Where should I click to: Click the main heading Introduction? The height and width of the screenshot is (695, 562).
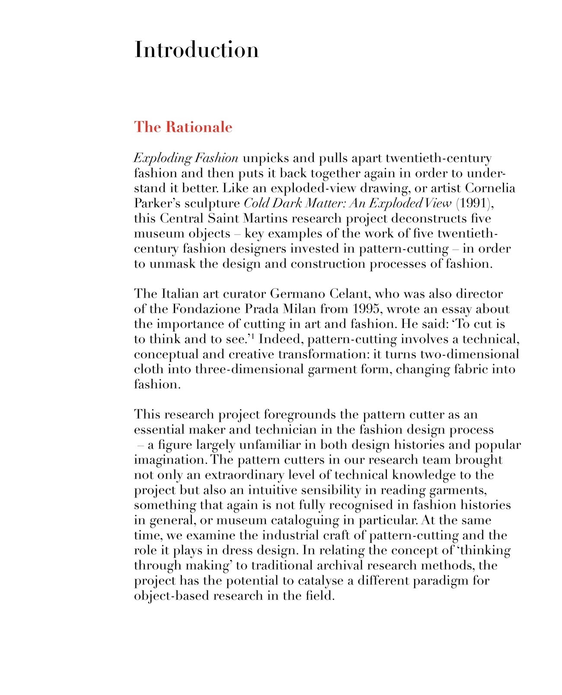pyautogui.click(x=197, y=50)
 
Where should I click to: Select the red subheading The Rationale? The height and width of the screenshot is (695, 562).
pyautogui.click(x=183, y=127)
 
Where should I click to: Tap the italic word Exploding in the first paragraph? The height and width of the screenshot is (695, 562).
pyautogui.click(x=163, y=159)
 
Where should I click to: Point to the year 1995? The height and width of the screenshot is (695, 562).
pyautogui.click(x=367, y=309)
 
